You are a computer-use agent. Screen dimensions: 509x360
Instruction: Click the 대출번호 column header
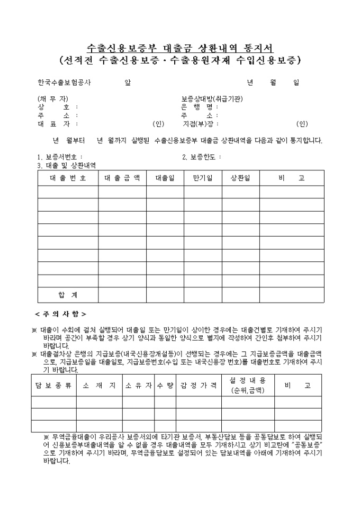68,178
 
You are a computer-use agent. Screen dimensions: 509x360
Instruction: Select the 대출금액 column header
122,178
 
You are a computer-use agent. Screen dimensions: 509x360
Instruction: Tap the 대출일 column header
165,178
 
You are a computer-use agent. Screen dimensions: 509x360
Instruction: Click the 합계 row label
68,294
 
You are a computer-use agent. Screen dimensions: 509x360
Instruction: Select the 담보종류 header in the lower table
53,386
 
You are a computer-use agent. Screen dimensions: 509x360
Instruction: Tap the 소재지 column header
99,386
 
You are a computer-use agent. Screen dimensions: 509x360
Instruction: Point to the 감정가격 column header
199,386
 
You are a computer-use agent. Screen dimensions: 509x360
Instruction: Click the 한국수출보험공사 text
64,83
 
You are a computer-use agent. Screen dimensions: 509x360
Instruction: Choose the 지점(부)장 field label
197,124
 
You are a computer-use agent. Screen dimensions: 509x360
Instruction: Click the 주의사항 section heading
61,314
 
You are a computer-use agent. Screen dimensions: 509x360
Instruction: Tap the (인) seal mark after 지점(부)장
302,124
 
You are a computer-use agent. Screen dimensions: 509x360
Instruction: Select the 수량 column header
165,386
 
